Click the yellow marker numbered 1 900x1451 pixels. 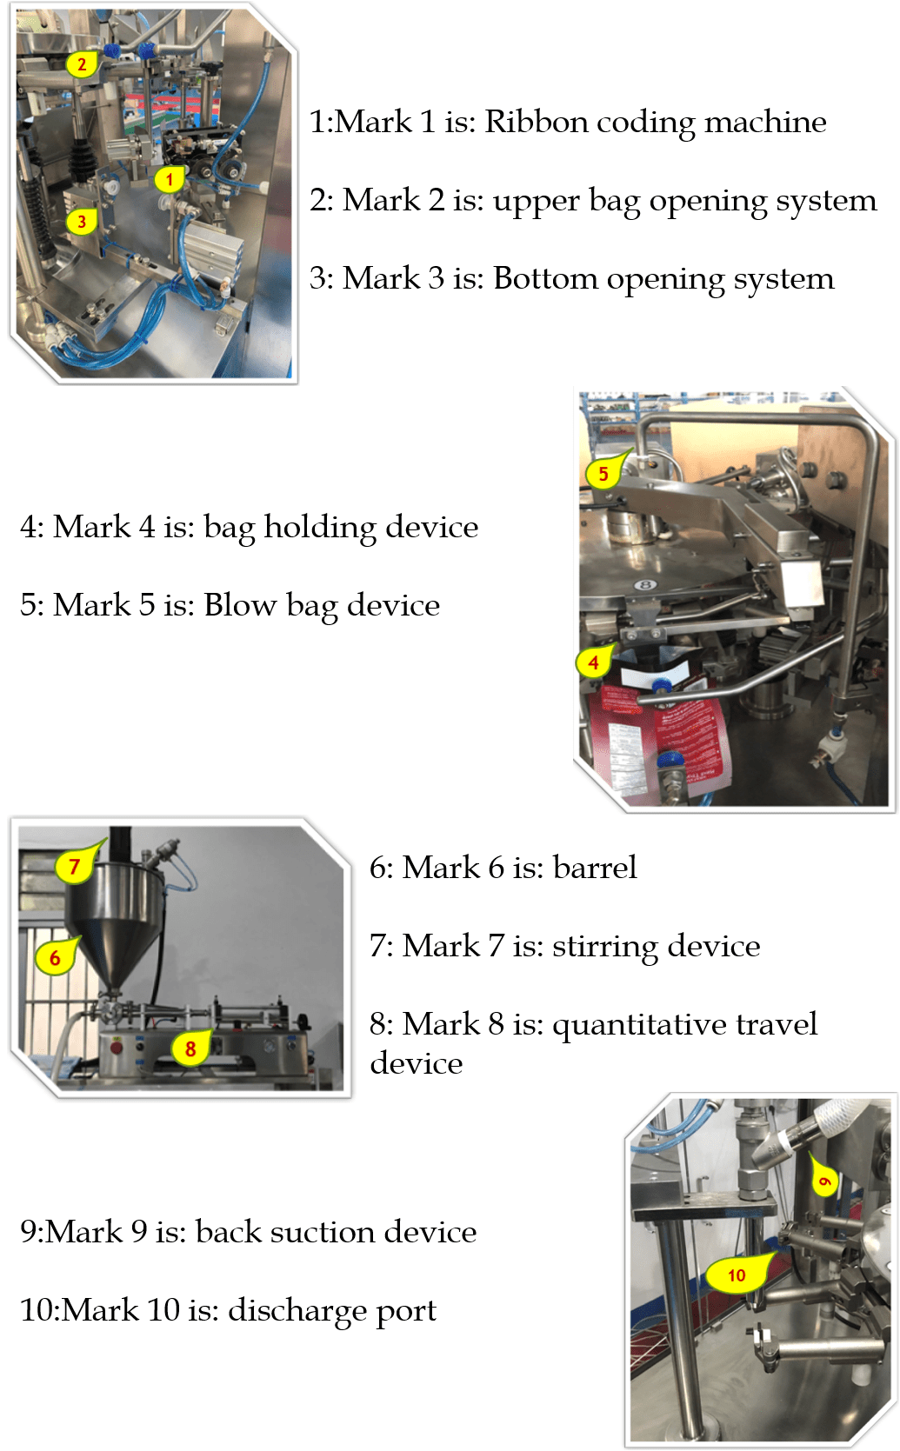tap(170, 178)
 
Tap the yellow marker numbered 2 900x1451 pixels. tap(83, 64)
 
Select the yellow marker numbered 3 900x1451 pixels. tap(82, 222)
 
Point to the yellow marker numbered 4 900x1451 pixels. tap(594, 662)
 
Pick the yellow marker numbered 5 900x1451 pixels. tap(603, 473)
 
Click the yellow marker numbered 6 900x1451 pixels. tap(56, 956)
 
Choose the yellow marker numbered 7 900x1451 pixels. tap(75, 865)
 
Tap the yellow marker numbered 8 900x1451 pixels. tap(190, 1047)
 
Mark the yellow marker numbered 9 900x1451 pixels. tap(823, 1179)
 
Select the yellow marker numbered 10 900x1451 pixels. tap(737, 1274)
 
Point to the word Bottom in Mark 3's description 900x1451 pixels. tap(545, 278)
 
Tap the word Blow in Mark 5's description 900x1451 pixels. tap(240, 604)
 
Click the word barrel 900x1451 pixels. tap(595, 867)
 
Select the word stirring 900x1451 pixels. tap(606, 947)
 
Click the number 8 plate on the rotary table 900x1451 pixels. tap(645, 585)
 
